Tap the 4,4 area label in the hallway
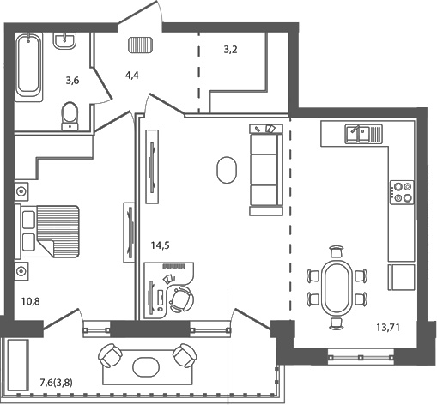(131, 76)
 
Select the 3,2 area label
(230, 50)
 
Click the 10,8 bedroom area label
(31, 302)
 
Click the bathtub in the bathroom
(29, 64)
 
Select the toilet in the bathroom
(70, 115)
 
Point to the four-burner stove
(401, 192)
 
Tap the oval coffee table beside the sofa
(227, 169)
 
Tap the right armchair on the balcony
(185, 354)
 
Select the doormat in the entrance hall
(139, 45)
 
